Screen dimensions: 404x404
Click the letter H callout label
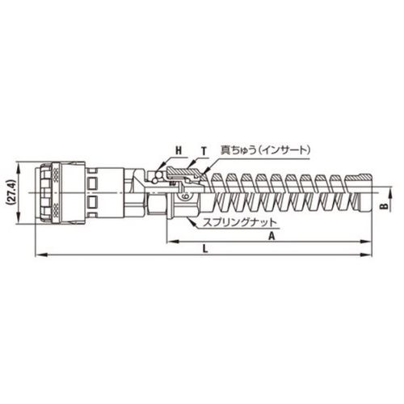click(x=179, y=150)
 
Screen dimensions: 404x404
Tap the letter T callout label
click(x=204, y=151)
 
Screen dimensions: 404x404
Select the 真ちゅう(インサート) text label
click(x=266, y=150)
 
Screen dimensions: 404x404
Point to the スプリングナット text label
click(x=239, y=223)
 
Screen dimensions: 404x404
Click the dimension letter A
click(x=272, y=236)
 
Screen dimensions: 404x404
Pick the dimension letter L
click(x=205, y=249)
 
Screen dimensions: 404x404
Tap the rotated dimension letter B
click(x=386, y=206)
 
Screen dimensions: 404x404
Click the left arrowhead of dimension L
click(x=41, y=255)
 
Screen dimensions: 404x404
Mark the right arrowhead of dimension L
click(x=366, y=255)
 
